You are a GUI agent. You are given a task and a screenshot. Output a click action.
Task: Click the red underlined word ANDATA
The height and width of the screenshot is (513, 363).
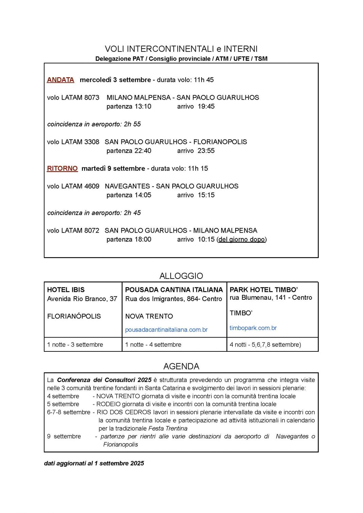pos(60,80)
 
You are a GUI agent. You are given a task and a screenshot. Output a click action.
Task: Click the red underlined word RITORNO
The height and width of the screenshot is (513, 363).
pos(62,168)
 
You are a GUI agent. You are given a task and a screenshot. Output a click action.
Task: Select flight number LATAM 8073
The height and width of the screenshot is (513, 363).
pos(80,98)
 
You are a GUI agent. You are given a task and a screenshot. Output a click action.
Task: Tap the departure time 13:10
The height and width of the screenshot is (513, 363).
pos(143,106)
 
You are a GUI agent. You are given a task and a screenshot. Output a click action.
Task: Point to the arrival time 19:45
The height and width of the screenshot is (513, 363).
pos(206,106)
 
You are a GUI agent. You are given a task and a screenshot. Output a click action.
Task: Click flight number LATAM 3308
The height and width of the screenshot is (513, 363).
pos(80,142)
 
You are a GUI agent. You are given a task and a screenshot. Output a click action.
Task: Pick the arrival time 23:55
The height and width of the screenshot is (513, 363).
pos(206,151)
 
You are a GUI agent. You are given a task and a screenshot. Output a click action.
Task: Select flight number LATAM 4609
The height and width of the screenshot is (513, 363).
pos(80,186)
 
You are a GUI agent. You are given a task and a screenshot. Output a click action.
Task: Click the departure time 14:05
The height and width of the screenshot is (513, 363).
pos(143,195)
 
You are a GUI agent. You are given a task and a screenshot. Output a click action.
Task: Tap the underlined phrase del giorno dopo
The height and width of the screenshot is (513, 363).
pos(241,239)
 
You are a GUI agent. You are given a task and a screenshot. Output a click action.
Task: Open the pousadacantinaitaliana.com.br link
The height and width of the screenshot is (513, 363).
pos(166,330)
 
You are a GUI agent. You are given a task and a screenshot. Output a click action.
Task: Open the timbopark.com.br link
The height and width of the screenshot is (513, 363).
pos(253,328)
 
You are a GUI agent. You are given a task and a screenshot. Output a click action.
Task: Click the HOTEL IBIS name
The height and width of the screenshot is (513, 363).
pos(66,290)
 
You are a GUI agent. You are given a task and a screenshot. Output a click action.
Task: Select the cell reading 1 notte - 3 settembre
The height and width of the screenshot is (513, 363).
pos(75,345)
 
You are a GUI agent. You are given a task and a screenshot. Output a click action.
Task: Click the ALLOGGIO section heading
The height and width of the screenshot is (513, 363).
pos(181,276)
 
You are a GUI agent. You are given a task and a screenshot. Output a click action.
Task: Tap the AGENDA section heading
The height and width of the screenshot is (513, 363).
pos(181,366)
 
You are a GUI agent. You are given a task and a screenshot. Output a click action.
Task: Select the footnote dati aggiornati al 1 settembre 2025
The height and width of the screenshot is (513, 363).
pos(94,463)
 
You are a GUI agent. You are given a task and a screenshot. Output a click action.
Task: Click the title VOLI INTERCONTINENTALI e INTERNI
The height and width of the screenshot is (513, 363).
pos(181,49)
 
